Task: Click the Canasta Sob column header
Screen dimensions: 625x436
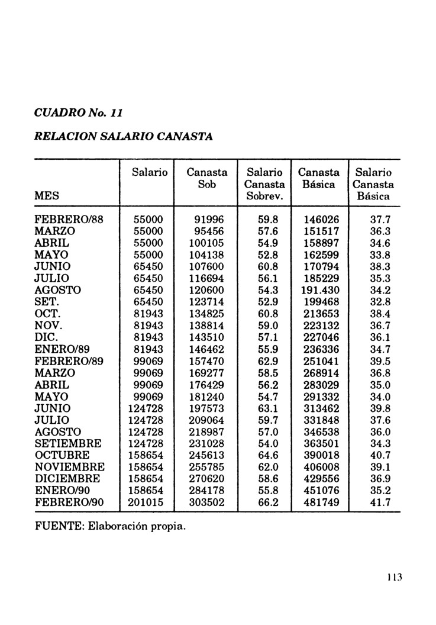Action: (x=206, y=178)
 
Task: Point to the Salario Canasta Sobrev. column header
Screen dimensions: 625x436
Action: (x=264, y=183)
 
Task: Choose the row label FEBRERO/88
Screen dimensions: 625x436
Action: (x=69, y=219)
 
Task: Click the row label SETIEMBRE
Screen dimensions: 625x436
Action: (x=68, y=443)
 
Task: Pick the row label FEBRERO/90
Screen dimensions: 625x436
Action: (x=69, y=502)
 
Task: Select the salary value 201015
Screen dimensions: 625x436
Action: (x=146, y=502)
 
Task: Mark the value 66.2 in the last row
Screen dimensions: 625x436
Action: (x=268, y=502)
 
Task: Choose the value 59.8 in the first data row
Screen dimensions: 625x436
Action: (x=268, y=219)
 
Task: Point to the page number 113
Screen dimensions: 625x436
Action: (x=395, y=578)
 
